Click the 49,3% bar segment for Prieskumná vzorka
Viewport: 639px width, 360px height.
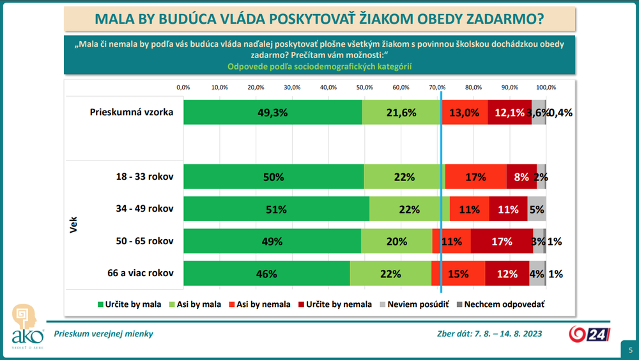pyautogui.click(x=273, y=113)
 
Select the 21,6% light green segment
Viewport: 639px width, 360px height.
pyautogui.click(x=401, y=113)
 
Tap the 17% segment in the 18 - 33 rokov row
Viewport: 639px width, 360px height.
pyautogui.click(x=476, y=177)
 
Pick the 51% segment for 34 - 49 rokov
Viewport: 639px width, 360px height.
pyautogui.click(x=276, y=209)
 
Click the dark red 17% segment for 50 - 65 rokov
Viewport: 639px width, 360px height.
pyautogui.click(x=502, y=241)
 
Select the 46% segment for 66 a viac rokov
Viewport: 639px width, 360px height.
pyautogui.click(x=266, y=274)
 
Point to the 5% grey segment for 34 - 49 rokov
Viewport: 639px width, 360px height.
pyautogui.click(x=537, y=209)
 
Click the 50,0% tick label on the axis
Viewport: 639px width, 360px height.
pyautogui.click(x=365, y=87)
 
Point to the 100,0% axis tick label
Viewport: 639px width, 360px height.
pyautogui.click(x=546, y=87)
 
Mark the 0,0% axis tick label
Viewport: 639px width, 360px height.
pyautogui.click(x=183, y=87)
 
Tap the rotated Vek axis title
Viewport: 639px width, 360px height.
pyautogui.click(x=73, y=225)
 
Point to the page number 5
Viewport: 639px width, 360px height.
pyautogui.click(x=630, y=350)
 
